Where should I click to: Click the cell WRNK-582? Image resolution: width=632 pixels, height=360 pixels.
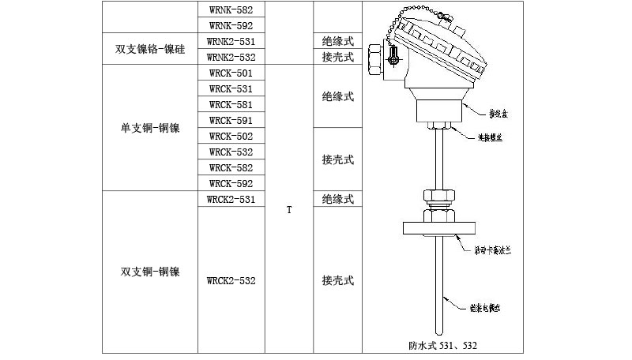231,9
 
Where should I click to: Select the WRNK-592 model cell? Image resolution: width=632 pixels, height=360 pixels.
231,25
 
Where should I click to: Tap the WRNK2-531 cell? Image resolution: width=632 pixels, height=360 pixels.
231,40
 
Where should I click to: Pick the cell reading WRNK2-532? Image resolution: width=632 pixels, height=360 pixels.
231,57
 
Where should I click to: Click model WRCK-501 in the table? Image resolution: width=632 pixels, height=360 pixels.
231,73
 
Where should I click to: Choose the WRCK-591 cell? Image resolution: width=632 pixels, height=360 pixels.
231,120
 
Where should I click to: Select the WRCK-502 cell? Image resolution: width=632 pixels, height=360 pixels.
231,136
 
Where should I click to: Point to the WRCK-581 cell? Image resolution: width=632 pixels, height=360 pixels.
231,104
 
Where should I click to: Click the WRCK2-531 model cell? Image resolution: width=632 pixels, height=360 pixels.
231,199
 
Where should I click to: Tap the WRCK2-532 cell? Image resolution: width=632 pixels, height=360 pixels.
231,280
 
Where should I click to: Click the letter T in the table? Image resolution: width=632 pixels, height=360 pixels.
289,210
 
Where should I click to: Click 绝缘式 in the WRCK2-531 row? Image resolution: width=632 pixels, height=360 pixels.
337,199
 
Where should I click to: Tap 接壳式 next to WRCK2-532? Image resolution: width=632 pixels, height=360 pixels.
337,280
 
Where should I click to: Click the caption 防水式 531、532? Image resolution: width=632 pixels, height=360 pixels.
443,345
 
